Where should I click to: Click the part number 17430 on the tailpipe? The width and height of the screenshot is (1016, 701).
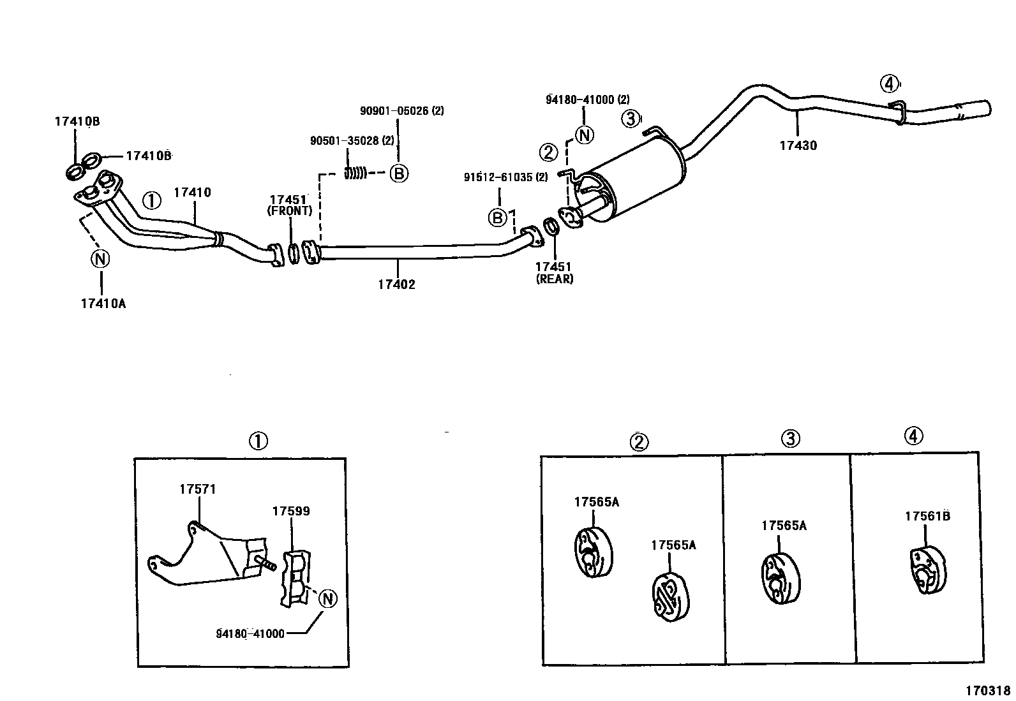798,145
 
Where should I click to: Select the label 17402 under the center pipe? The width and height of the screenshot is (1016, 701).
396,284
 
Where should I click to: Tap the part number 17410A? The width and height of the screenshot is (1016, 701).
103,304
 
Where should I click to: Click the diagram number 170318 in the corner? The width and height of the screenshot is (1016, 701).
987,690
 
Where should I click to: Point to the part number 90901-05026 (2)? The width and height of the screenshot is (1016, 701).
401,110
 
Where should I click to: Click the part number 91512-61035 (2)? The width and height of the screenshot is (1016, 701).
505,177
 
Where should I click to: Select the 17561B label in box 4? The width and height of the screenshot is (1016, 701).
927,516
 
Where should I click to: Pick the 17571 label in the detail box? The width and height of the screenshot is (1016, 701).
197,489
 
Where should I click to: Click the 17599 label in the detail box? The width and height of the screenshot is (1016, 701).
291,511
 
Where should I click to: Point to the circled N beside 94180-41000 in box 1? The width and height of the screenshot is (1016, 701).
327,599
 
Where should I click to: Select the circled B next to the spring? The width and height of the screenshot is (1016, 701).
399,173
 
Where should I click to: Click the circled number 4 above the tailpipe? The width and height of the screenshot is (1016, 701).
888,83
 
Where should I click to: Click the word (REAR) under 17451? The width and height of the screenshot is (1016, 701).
554,279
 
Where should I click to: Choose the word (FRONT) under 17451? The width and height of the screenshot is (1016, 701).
290,210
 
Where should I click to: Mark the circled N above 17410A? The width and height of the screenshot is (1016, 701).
100,258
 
